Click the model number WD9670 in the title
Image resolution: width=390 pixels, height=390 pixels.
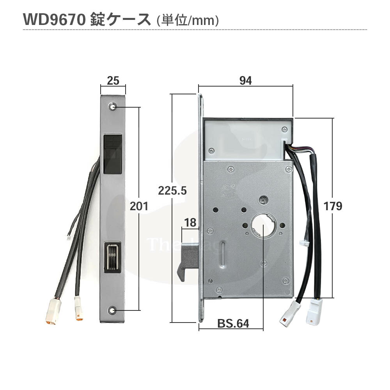tap(53, 20)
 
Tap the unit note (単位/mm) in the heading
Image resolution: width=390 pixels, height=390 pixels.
tap(187, 21)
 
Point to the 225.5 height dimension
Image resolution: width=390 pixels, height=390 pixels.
tap(172, 191)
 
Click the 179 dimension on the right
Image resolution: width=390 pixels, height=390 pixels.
tap(333, 206)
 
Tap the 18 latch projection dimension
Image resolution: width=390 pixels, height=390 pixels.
tap(190, 223)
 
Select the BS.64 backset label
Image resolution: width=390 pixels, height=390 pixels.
tap(233, 323)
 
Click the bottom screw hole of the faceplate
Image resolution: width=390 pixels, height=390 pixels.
tap(113, 310)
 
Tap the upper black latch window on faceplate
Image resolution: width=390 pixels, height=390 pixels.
tap(112, 154)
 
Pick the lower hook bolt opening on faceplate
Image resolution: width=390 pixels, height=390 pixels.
tap(112, 257)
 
